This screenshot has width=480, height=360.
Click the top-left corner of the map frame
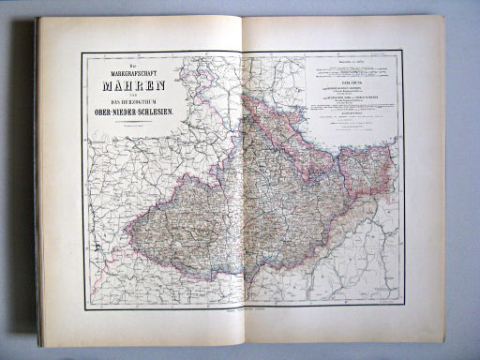(83, 52)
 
